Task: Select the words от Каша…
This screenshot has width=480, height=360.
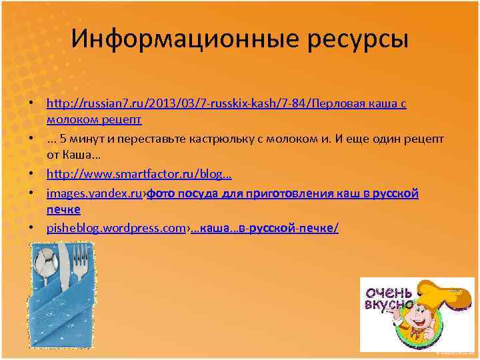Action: pyautogui.click(x=73, y=154)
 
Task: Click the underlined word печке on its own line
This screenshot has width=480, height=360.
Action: pyautogui.click(x=63, y=209)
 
